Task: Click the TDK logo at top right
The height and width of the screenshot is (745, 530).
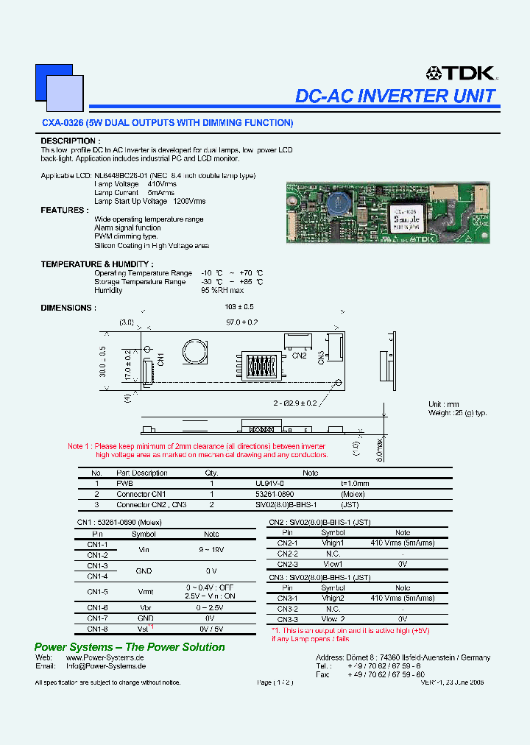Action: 462,73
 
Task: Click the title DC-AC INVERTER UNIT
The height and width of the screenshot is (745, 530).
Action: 395,96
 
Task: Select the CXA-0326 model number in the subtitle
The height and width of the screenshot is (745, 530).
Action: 62,123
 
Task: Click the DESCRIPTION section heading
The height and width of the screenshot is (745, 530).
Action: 70,141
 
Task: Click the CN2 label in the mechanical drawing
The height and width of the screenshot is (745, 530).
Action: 299,356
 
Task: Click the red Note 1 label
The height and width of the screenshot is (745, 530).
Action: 79,446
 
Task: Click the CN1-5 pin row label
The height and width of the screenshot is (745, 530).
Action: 97,591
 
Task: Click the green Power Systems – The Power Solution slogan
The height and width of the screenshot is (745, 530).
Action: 130,647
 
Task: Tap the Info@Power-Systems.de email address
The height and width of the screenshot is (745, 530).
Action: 105,665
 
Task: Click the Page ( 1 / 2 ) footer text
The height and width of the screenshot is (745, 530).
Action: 275,682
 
